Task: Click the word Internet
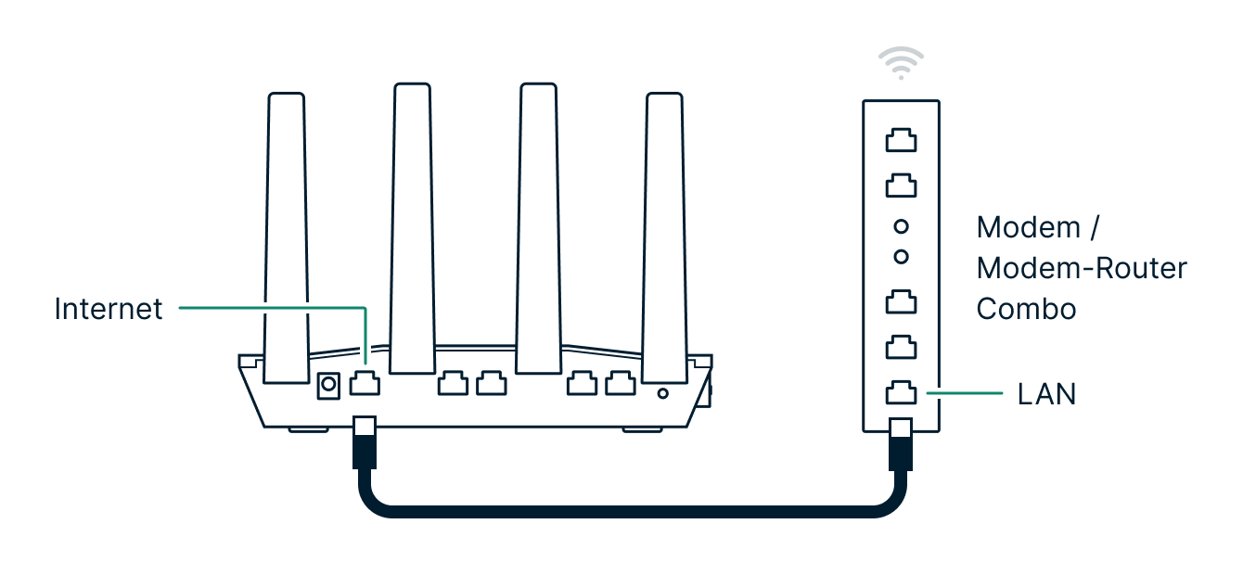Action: coord(109,309)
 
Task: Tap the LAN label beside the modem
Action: coord(1046,394)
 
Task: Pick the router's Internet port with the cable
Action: coord(364,383)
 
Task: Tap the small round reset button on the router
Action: coord(662,393)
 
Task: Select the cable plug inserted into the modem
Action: coord(901,443)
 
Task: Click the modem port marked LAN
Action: coord(901,392)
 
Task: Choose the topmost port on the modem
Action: coord(901,140)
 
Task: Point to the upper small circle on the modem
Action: coord(901,226)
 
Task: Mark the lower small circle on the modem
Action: coord(901,255)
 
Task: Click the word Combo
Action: coord(1026,309)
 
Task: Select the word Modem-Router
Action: coord(1082,268)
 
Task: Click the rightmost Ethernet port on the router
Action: coord(619,382)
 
